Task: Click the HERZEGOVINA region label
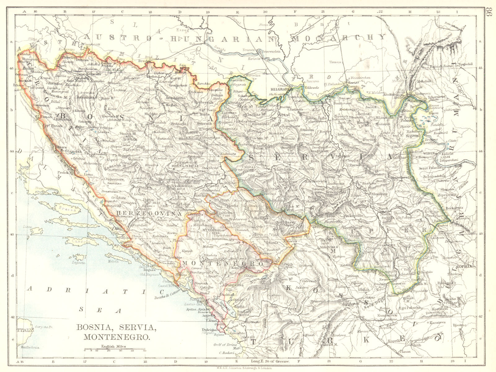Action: [149, 214]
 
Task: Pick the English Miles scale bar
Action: [115, 350]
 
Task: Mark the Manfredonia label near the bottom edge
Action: [30, 348]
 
